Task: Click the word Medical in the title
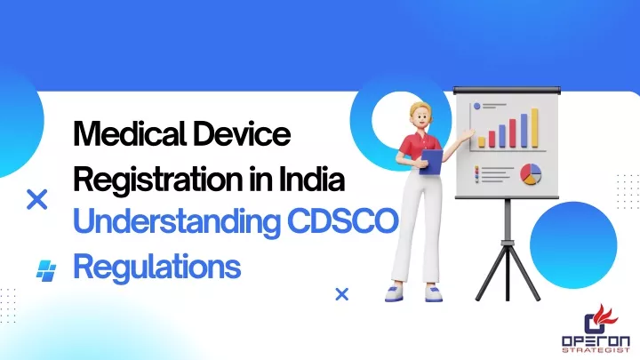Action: pyautogui.click(x=130, y=134)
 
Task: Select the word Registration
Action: pyautogui.click(x=158, y=180)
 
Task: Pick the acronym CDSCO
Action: pyautogui.click(x=342, y=221)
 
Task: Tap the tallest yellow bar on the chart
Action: pyautogui.click(x=534, y=128)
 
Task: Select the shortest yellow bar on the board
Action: pyautogui.click(x=482, y=142)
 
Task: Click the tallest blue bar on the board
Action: pyautogui.click(x=524, y=131)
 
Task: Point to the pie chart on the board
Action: pyautogui.click(x=531, y=174)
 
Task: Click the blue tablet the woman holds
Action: pyautogui.click(x=431, y=162)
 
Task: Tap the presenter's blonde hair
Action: pyautogui.click(x=420, y=109)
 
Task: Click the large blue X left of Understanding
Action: pyautogui.click(x=36, y=200)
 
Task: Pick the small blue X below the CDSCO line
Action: pyautogui.click(x=341, y=294)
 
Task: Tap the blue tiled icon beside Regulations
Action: pyautogui.click(x=46, y=270)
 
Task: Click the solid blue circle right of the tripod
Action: pyautogui.click(x=573, y=245)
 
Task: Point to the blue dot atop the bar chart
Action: pyautogui.click(x=476, y=106)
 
